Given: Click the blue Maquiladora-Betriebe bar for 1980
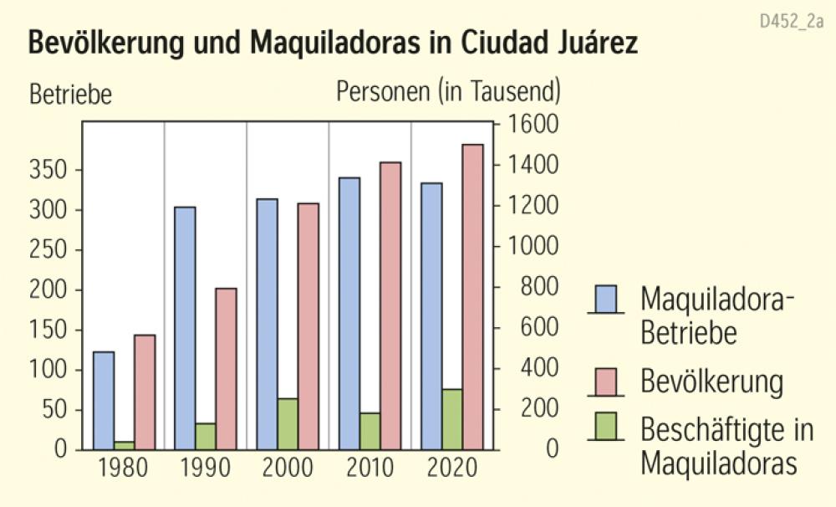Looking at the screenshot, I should click(104, 400).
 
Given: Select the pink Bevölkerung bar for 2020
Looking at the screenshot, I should click(473, 297).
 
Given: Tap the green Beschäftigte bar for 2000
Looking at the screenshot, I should click(288, 423).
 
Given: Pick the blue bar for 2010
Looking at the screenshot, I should click(349, 313).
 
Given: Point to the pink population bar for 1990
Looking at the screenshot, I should click(227, 368).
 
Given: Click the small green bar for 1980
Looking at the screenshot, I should click(124, 445).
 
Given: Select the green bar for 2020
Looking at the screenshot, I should click(452, 419).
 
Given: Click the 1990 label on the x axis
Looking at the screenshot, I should click(206, 468).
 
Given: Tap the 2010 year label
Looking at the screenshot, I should click(370, 468).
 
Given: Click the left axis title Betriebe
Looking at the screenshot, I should click(70, 94).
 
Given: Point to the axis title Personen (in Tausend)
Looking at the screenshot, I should click(448, 91).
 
